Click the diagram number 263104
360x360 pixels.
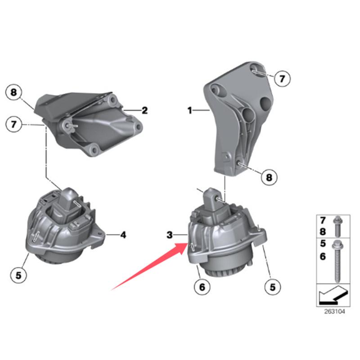tap(334, 311)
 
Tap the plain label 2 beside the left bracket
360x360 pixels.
tap(144, 110)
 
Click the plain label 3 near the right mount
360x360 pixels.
tap(170, 235)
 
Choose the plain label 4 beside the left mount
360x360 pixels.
tap(123, 234)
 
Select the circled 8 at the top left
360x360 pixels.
tap(14, 93)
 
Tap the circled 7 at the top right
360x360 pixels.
tap(280, 79)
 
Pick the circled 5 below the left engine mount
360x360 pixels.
tap(18, 274)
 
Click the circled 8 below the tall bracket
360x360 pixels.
tap(269, 177)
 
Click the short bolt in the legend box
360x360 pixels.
tap(337, 226)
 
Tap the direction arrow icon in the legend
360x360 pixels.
tap(333, 295)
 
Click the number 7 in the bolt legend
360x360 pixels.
tap(323, 221)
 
